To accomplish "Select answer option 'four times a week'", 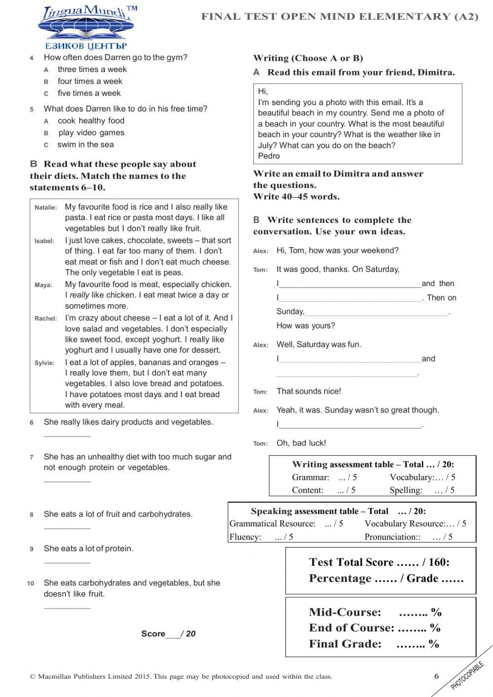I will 90,81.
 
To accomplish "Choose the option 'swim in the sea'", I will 85,145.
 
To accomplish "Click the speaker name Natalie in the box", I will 45,208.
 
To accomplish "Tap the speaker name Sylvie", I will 44,363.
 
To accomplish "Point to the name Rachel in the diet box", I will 45,319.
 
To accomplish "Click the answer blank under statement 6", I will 67,435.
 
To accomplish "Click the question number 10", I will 31,584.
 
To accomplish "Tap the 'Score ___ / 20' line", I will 168,634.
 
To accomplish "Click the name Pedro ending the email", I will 269,156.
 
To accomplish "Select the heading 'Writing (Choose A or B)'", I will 308,58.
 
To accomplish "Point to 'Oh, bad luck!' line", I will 301,443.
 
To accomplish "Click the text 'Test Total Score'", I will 351,562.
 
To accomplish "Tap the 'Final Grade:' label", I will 345,644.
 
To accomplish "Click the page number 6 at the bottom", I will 436,676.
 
